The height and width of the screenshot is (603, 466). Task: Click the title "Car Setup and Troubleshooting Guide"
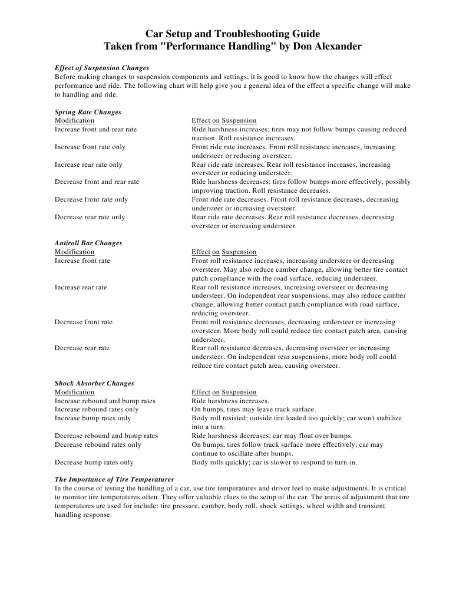[233, 34]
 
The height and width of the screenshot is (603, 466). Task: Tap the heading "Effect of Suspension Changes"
[101, 68]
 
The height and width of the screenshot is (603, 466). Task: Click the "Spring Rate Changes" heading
[88, 112]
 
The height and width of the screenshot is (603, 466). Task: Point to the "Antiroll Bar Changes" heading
[88, 243]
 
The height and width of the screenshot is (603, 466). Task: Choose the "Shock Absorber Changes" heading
[94, 383]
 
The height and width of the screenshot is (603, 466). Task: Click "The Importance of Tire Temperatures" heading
[114, 479]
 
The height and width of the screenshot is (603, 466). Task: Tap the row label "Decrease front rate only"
[91, 199]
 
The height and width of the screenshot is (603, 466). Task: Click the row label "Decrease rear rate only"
[90, 217]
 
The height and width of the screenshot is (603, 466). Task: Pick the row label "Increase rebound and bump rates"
[105, 401]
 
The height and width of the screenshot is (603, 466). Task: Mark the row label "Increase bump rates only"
[93, 418]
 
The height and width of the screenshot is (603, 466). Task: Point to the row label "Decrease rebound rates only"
[98, 444]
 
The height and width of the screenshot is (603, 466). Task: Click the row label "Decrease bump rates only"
[94, 462]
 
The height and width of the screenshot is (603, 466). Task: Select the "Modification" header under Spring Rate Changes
[74, 120]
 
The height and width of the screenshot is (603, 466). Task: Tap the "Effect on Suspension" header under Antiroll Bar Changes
[224, 252]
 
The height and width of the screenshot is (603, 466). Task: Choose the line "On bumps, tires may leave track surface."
[253, 409]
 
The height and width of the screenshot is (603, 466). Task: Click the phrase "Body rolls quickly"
[217, 462]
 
